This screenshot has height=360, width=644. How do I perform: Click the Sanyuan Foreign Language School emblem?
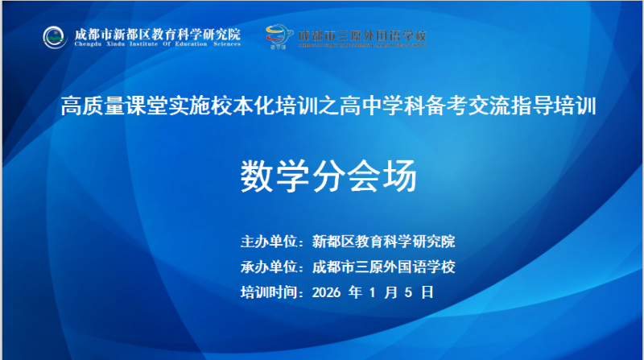tap(280, 36)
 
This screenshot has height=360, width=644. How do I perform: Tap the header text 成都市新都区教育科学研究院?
tap(157, 34)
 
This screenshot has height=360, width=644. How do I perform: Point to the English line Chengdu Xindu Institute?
tap(157, 44)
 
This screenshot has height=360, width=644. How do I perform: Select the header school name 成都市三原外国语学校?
tap(362, 36)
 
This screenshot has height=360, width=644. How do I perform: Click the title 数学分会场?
tap(328, 176)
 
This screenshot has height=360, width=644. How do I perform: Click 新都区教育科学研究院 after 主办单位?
tap(383, 241)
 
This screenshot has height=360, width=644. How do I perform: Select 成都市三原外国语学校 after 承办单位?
tap(389, 267)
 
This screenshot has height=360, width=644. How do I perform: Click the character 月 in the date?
tap(391, 292)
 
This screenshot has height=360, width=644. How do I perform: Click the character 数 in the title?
tap(255, 176)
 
